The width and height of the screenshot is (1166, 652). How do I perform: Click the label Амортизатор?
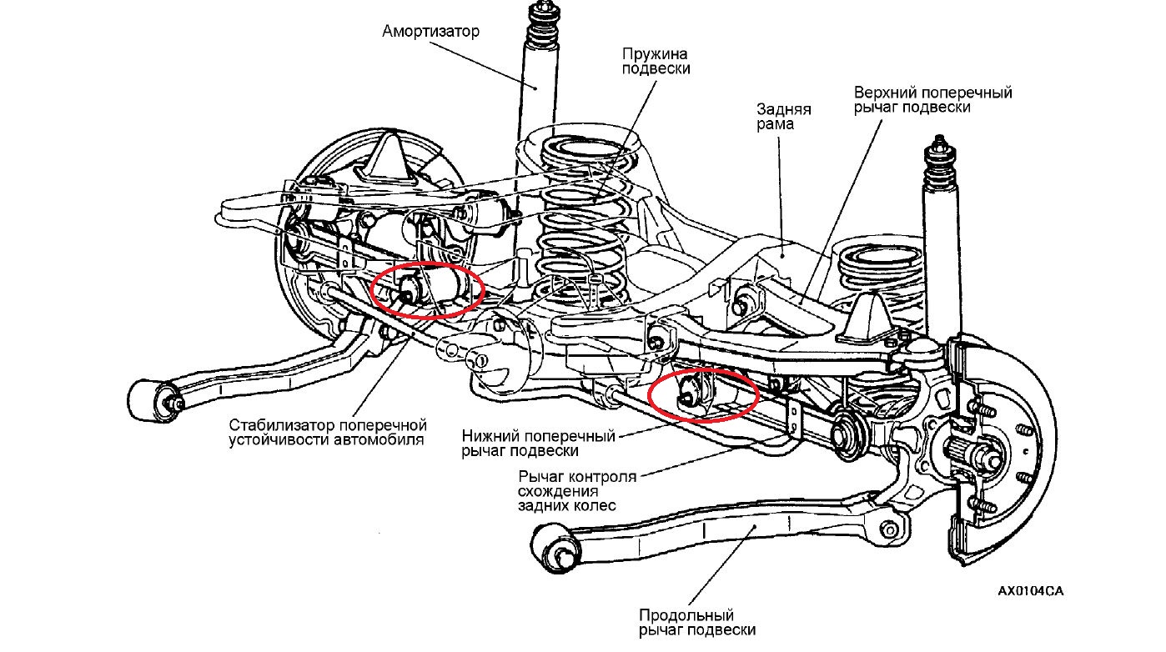[431, 32]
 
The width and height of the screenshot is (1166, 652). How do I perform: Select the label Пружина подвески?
[656, 60]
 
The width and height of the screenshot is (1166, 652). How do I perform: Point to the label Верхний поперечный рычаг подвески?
[932, 100]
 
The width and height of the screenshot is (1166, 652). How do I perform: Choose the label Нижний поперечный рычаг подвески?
[538, 443]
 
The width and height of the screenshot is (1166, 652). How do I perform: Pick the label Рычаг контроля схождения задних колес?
[576, 491]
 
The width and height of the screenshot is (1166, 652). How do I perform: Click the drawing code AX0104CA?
[1030, 591]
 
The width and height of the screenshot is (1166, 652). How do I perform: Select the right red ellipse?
[703, 394]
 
